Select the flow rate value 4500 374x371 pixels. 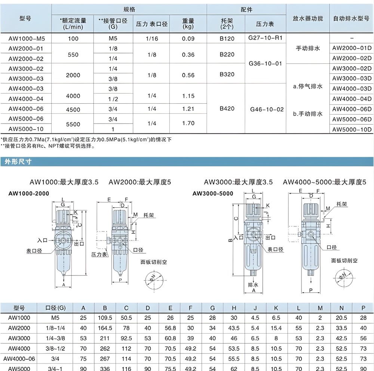tap(73, 109)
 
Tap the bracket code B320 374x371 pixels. tap(227, 74)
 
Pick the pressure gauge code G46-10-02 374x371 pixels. tap(266, 109)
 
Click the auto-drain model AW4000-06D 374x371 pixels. tap(352, 109)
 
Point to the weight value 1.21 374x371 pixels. tap(188, 109)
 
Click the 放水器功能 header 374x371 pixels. tap(305, 19)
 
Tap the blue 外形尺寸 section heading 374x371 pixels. tap(18, 162)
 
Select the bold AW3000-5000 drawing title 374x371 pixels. tap(213, 194)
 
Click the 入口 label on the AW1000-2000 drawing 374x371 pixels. tap(42, 238)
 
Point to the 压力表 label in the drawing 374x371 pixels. tap(99, 254)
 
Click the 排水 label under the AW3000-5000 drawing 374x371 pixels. tap(254, 285)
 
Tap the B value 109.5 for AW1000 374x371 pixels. tap(105, 318)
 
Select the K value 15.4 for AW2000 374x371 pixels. tap(276, 328)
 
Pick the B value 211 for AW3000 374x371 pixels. tap(105, 338)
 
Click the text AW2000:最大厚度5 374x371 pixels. tap(140, 182)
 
